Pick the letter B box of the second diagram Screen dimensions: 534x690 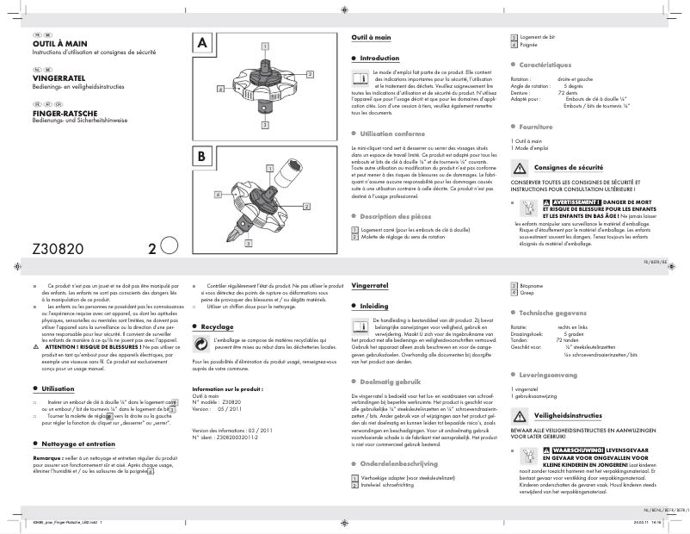[203, 158]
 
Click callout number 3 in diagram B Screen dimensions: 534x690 [250, 244]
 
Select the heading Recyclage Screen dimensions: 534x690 [217, 327]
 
